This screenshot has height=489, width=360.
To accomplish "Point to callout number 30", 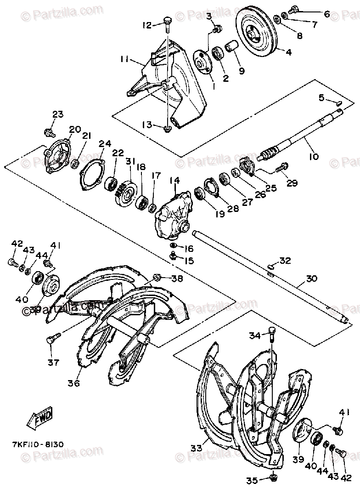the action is coord(311,279).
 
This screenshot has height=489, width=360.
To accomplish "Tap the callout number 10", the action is coord(314,157).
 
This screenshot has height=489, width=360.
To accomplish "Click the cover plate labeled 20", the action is coord(58,155).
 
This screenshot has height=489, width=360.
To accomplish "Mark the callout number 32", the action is coord(285,261).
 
